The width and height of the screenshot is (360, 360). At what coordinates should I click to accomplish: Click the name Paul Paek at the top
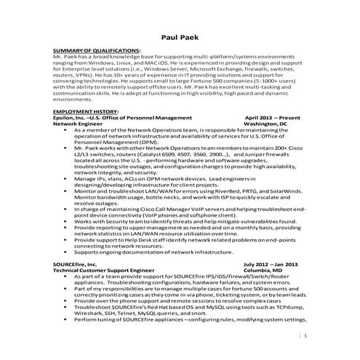pyautogui.click(x=179, y=39)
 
